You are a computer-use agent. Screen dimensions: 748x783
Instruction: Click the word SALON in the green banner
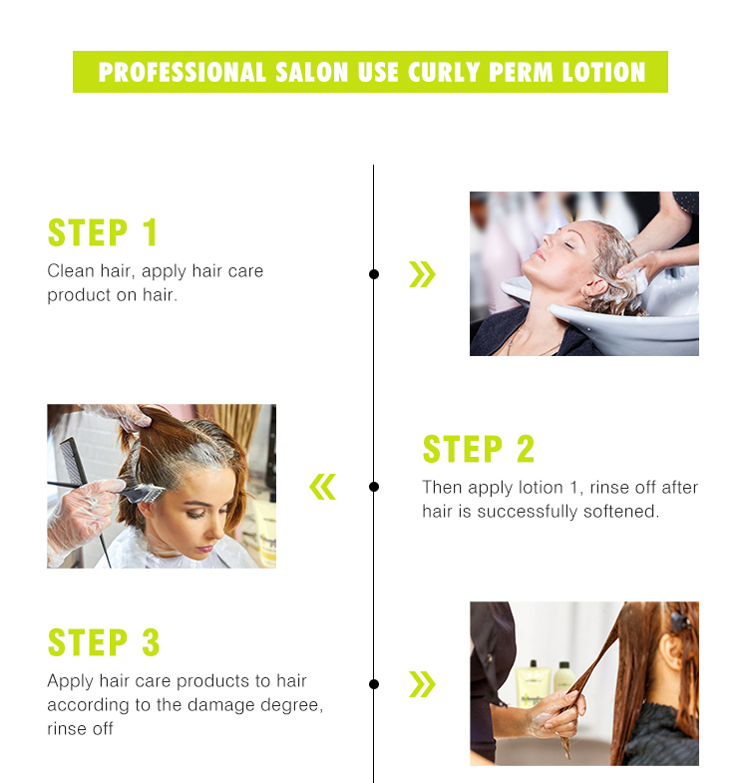(x=311, y=72)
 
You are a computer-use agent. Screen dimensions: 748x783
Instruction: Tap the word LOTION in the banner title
(x=603, y=72)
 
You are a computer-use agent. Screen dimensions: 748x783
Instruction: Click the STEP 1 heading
(x=103, y=232)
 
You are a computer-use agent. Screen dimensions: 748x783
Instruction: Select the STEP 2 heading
(x=479, y=449)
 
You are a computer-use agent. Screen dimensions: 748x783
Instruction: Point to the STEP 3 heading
(x=104, y=642)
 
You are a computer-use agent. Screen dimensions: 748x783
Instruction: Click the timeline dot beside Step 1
(x=373, y=274)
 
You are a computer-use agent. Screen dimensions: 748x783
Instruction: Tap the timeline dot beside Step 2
(x=373, y=487)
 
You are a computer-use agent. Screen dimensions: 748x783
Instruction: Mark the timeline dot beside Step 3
(x=373, y=684)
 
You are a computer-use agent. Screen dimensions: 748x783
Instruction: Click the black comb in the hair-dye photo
(x=74, y=461)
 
